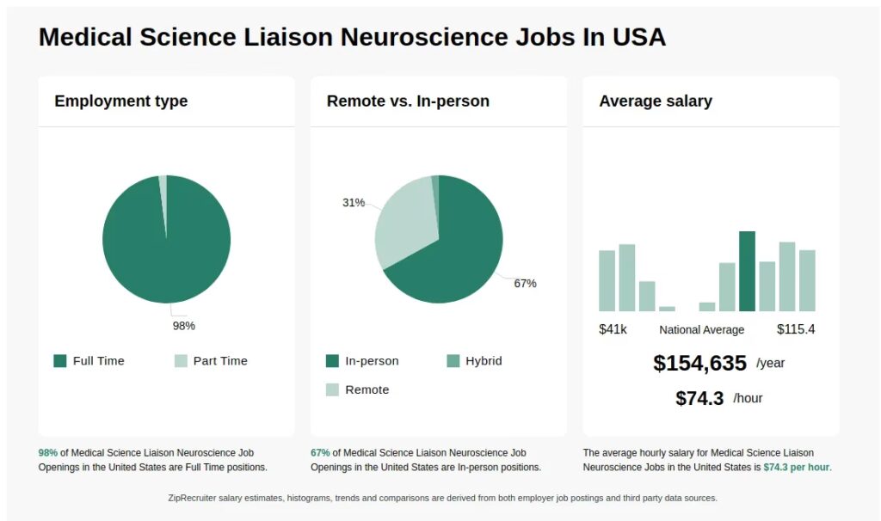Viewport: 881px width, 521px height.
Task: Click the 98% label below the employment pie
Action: [184, 326]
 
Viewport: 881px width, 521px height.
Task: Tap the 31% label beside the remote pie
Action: [354, 203]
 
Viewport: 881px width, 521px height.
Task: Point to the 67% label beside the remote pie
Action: [525, 284]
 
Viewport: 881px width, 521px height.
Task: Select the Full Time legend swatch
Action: [60, 361]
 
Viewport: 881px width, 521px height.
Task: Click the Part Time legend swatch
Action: [181, 361]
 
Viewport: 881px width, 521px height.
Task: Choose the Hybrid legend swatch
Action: [453, 361]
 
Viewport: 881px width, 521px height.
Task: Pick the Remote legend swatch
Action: [333, 390]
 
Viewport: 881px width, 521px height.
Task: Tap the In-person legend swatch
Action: [333, 361]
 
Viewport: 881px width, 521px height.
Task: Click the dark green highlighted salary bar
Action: [747, 271]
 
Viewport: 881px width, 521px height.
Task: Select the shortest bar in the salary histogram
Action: [667, 308]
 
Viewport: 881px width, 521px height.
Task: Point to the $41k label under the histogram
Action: [613, 329]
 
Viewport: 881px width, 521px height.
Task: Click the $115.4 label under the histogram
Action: [796, 329]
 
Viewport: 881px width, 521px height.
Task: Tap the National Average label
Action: [702, 330]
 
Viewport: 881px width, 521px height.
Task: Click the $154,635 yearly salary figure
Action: [699, 363]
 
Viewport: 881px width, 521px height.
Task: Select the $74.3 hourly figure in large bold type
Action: [699, 398]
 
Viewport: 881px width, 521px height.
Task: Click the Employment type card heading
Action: [121, 101]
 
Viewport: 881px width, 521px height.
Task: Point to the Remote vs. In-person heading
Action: [408, 101]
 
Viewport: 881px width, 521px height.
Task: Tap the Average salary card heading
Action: [656, 101]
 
